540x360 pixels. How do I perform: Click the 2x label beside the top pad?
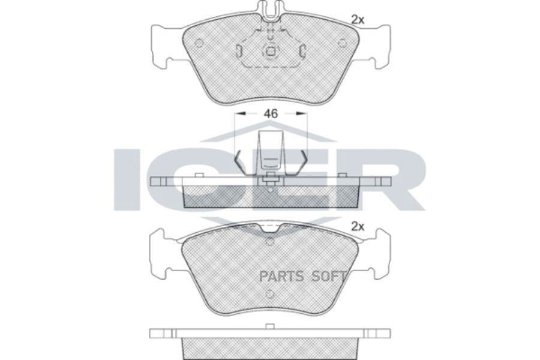[x=358, y=20]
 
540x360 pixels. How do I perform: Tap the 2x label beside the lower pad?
[x=358, y=227]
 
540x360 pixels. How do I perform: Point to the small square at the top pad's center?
[x=271, y=52]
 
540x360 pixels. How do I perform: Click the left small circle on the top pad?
[x=199, y=43]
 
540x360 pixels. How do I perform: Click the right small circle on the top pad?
[x=342, y=43]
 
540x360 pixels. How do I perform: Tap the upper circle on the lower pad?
[x=270, y=242]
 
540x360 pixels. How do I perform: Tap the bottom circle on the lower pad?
[x=270, y=295]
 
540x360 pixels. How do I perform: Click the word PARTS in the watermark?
[x=280, y=277]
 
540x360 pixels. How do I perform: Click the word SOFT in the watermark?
[x=328, y=277]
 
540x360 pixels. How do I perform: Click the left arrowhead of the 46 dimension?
[x=238, y=113]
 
